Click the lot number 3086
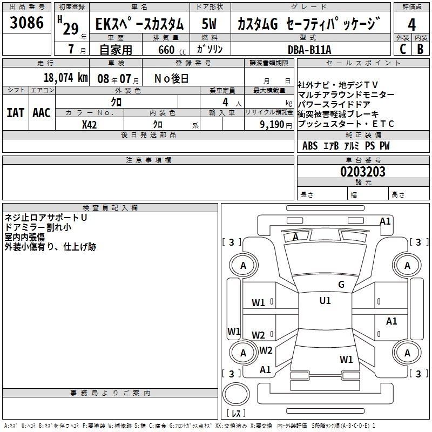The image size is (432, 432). tap(26, 22)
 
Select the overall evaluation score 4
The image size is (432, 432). tap(411, 24)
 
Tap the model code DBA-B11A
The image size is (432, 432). tap(309, 50)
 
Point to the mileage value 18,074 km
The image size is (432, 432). tap(66, 78)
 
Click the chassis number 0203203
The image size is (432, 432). tap(363, 172)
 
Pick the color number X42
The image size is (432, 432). tap(89, 125)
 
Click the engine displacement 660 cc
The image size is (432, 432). tap(172, 50)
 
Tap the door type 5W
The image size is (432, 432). tap(209, 24)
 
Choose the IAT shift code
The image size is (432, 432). tap(16, 113)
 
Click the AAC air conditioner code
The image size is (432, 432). tap(42, 113)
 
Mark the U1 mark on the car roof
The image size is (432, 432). tap(325, 301)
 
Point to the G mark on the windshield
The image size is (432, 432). tap(341, 285)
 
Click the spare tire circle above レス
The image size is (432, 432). tap(236, 394)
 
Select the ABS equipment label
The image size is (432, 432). tap(310, 146)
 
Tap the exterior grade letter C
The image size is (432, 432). tap(403, 49)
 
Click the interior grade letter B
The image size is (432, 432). tap(420, 49)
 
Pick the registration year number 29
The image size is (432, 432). tap(71, 29)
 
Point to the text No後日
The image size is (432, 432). tap(171, 79)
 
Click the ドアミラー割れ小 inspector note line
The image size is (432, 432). tap(38, 227)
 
